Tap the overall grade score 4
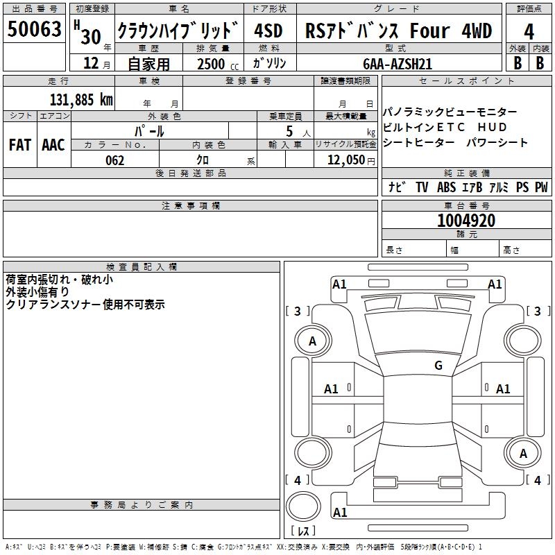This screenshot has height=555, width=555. click(x=529, y=31)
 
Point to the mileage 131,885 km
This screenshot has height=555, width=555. click(x=81, y=99)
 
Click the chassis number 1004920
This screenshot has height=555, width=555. click(x=466, y=221)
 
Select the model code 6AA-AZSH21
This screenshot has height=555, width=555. click(x=398, y=63)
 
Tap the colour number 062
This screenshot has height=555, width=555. click(x=114, y=160)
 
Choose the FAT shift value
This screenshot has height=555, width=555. click(x=20, y=145)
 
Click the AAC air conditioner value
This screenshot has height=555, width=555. click(x=53, y=145)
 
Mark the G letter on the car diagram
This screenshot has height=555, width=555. click(x=438, y=365)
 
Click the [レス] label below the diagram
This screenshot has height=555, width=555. click(x=302, y=530)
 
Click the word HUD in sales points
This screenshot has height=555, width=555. click(x=493, y=127)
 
